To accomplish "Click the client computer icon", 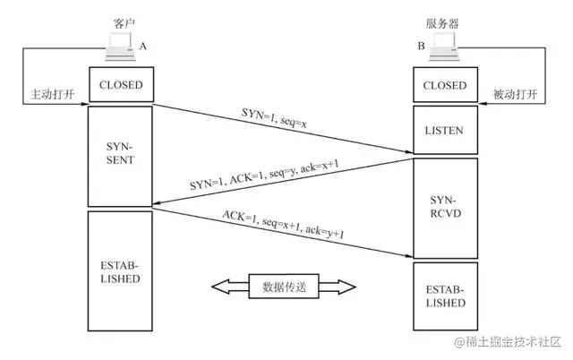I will pyautogui.click(x=118, y=45).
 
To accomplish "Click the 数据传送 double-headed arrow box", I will pyautogui.click(x=284, y=287).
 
